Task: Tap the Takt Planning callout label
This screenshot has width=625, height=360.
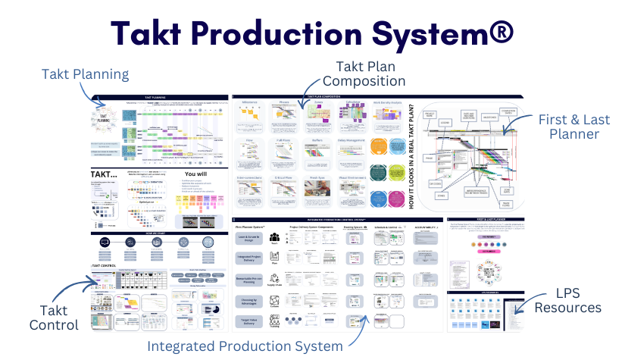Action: pos(86,74)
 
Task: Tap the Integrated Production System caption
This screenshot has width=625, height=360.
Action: pos(245,346)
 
